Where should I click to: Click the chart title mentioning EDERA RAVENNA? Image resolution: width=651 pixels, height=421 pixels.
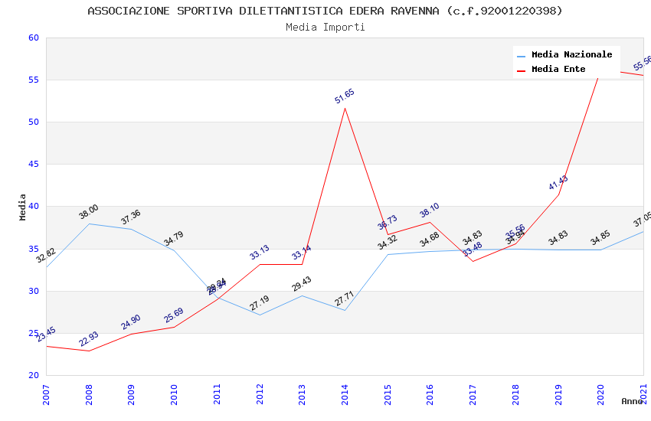(x=325, y=11)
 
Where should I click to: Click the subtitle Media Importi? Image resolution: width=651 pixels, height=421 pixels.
(x=325, y=28)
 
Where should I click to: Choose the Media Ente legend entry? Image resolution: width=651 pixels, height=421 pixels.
(x=558, y=70)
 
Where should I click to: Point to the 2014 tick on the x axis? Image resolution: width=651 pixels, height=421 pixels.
(x=345, y=395)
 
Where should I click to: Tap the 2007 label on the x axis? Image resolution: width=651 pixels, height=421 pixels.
(x=46, y=395)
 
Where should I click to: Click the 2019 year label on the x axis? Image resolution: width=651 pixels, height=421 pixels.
(x=558, y=395)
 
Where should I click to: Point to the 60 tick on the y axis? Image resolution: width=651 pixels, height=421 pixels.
(x=33, y=38)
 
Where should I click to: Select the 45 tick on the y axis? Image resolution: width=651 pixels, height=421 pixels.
(x=33, y=165)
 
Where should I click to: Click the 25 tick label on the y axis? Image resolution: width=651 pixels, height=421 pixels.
(x=33, y=333)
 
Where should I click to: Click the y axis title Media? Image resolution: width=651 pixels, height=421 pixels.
(x=23, y=207)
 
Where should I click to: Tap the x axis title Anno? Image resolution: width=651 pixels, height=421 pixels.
(x=632, y=401)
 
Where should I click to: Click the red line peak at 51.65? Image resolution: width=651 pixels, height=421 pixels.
(x=345, y=108)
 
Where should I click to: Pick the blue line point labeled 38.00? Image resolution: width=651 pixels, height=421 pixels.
(x=89, y=224)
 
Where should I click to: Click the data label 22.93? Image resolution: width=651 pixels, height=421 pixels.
(x=89, y=339)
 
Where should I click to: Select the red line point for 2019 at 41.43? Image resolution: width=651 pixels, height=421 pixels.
(x=558, y=194)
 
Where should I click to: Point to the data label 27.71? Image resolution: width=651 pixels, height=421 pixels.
(x=345, y=298)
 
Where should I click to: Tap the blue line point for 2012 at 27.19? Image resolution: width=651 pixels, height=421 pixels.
(x=260, y=315)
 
